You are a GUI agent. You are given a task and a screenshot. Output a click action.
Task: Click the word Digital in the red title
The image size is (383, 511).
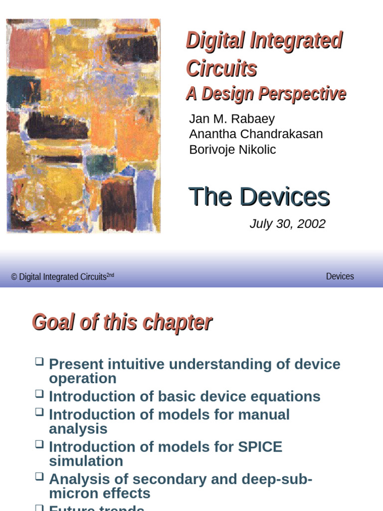click(215, 41)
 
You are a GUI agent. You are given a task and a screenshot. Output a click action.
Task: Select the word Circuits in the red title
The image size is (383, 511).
click(221, 69)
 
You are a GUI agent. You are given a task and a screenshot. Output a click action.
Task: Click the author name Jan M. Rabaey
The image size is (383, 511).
click(232, 119)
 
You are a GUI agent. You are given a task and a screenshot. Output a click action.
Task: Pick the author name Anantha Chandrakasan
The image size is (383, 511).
click(256, 134)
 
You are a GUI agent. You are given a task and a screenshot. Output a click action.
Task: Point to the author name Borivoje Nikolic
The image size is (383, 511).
click(232, 150)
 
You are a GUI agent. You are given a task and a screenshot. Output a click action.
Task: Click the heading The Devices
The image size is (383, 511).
click(259, 197)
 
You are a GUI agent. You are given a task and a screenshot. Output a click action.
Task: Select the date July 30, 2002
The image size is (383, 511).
click(287, 224)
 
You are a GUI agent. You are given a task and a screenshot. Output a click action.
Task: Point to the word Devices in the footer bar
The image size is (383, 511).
click(340, 276)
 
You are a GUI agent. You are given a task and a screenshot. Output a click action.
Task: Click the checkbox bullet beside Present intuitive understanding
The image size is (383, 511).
click(39, 361)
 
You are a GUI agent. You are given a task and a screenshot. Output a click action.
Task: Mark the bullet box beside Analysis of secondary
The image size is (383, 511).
click(39, 477)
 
